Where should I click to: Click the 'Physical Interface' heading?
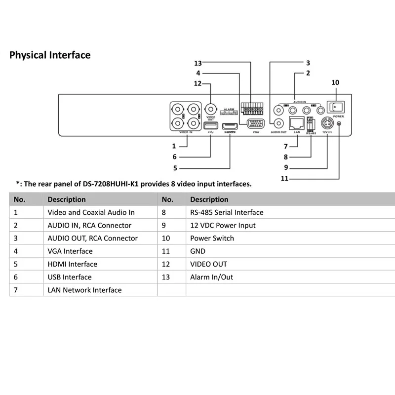(x=50, y=55)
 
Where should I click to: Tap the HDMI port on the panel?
(x=230, y=126)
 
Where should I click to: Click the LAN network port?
(x=297, y=123)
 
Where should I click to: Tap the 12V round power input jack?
(x=327, y=123)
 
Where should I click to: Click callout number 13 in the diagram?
(x=198, y=63)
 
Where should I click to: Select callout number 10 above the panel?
(x=335, y=82)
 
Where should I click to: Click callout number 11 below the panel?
(x=284, y=178)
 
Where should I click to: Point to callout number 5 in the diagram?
(x=175, y=168)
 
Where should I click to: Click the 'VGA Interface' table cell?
(x=70, y=251)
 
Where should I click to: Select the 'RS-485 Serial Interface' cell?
(x=227, y=212)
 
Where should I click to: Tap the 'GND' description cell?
(x=197, y=251)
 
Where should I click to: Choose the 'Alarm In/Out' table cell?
(x=211, y=277)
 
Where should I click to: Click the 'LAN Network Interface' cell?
(x=84, y=290)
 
